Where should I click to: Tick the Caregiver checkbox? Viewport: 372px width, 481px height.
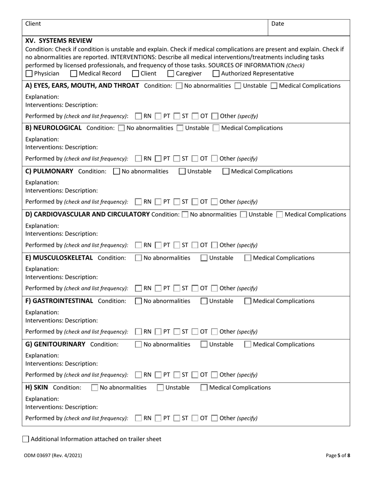[x=171, y=74]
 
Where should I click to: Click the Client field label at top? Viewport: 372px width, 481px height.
[x=33, y=23]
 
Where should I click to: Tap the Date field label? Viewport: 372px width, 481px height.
[x=278, y=24]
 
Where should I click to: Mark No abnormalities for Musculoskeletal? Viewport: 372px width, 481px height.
[x=138, y=258]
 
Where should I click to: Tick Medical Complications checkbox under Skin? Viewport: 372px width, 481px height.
[x=204, y=388]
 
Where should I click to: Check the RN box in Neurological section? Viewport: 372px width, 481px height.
[x=138, y=159]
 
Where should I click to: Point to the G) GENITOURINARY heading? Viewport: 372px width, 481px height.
[x=55, y=344]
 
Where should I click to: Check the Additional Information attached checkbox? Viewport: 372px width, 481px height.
[x=25, y=439]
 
